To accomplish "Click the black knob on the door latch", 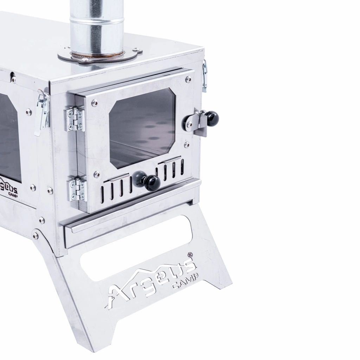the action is click(x=212, y=118).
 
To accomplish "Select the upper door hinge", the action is click(x=75, y=120).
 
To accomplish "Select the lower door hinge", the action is click(x=77, y=190).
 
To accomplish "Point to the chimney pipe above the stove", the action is click(x=97, y=27).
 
